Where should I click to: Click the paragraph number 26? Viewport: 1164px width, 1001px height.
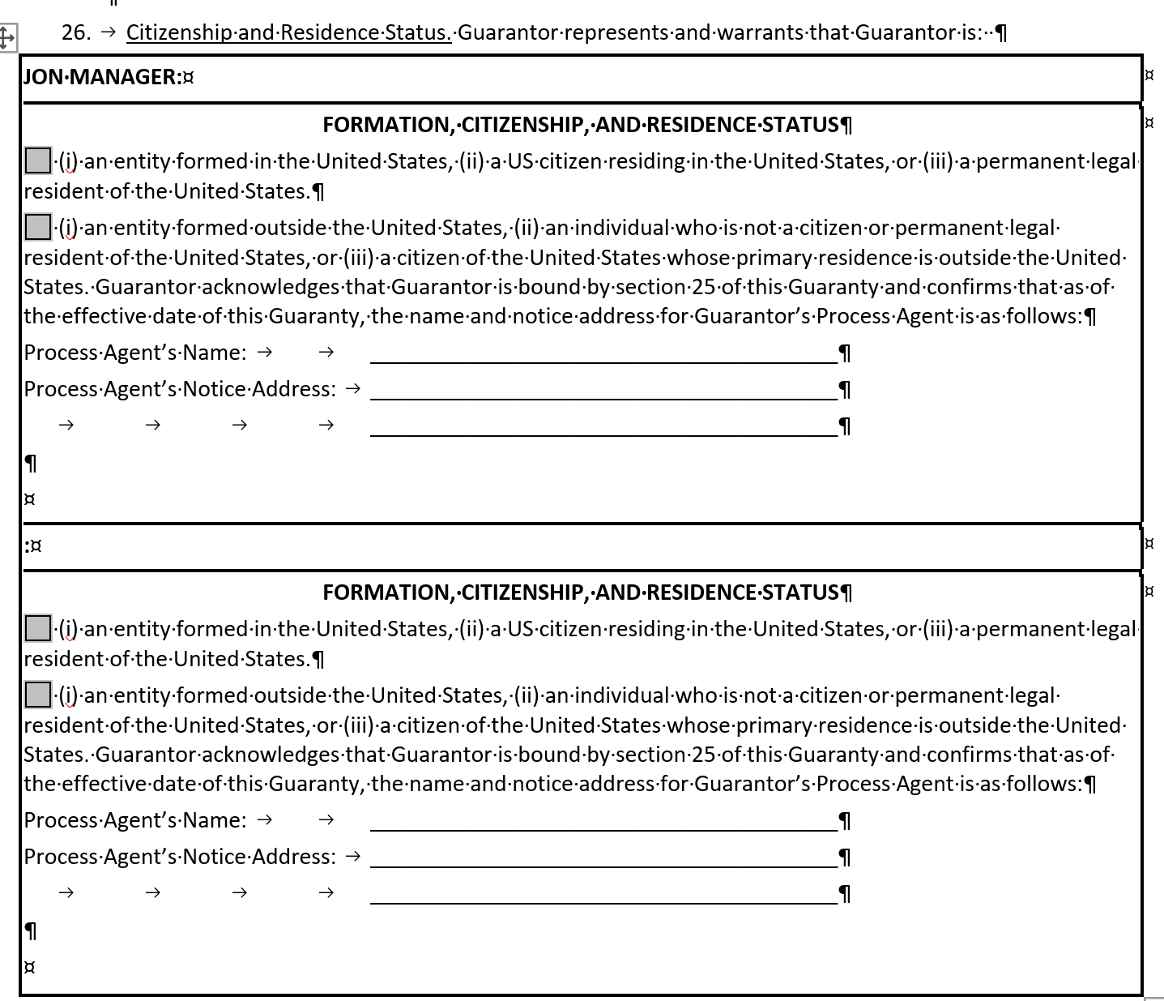75,32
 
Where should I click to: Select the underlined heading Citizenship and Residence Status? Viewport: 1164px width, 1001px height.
288,32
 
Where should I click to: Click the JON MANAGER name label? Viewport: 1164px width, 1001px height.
101,77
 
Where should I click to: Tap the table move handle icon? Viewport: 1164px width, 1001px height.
6,37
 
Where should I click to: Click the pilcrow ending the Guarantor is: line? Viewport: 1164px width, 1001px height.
1001,33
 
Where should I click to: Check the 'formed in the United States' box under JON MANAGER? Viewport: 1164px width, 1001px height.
38,160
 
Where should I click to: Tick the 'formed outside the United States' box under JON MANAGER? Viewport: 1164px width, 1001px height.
38,227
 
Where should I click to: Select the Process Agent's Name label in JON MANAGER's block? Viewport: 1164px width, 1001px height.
135,353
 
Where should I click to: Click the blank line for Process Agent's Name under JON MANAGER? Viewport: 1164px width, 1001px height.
603,354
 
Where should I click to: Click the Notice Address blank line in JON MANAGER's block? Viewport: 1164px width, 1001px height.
603,391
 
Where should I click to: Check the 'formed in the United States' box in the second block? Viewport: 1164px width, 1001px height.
38,628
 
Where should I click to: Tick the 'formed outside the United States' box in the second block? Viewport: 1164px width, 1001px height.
38,695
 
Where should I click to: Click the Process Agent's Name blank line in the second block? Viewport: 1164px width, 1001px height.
603,822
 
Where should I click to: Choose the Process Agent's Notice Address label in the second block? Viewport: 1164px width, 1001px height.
179,857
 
